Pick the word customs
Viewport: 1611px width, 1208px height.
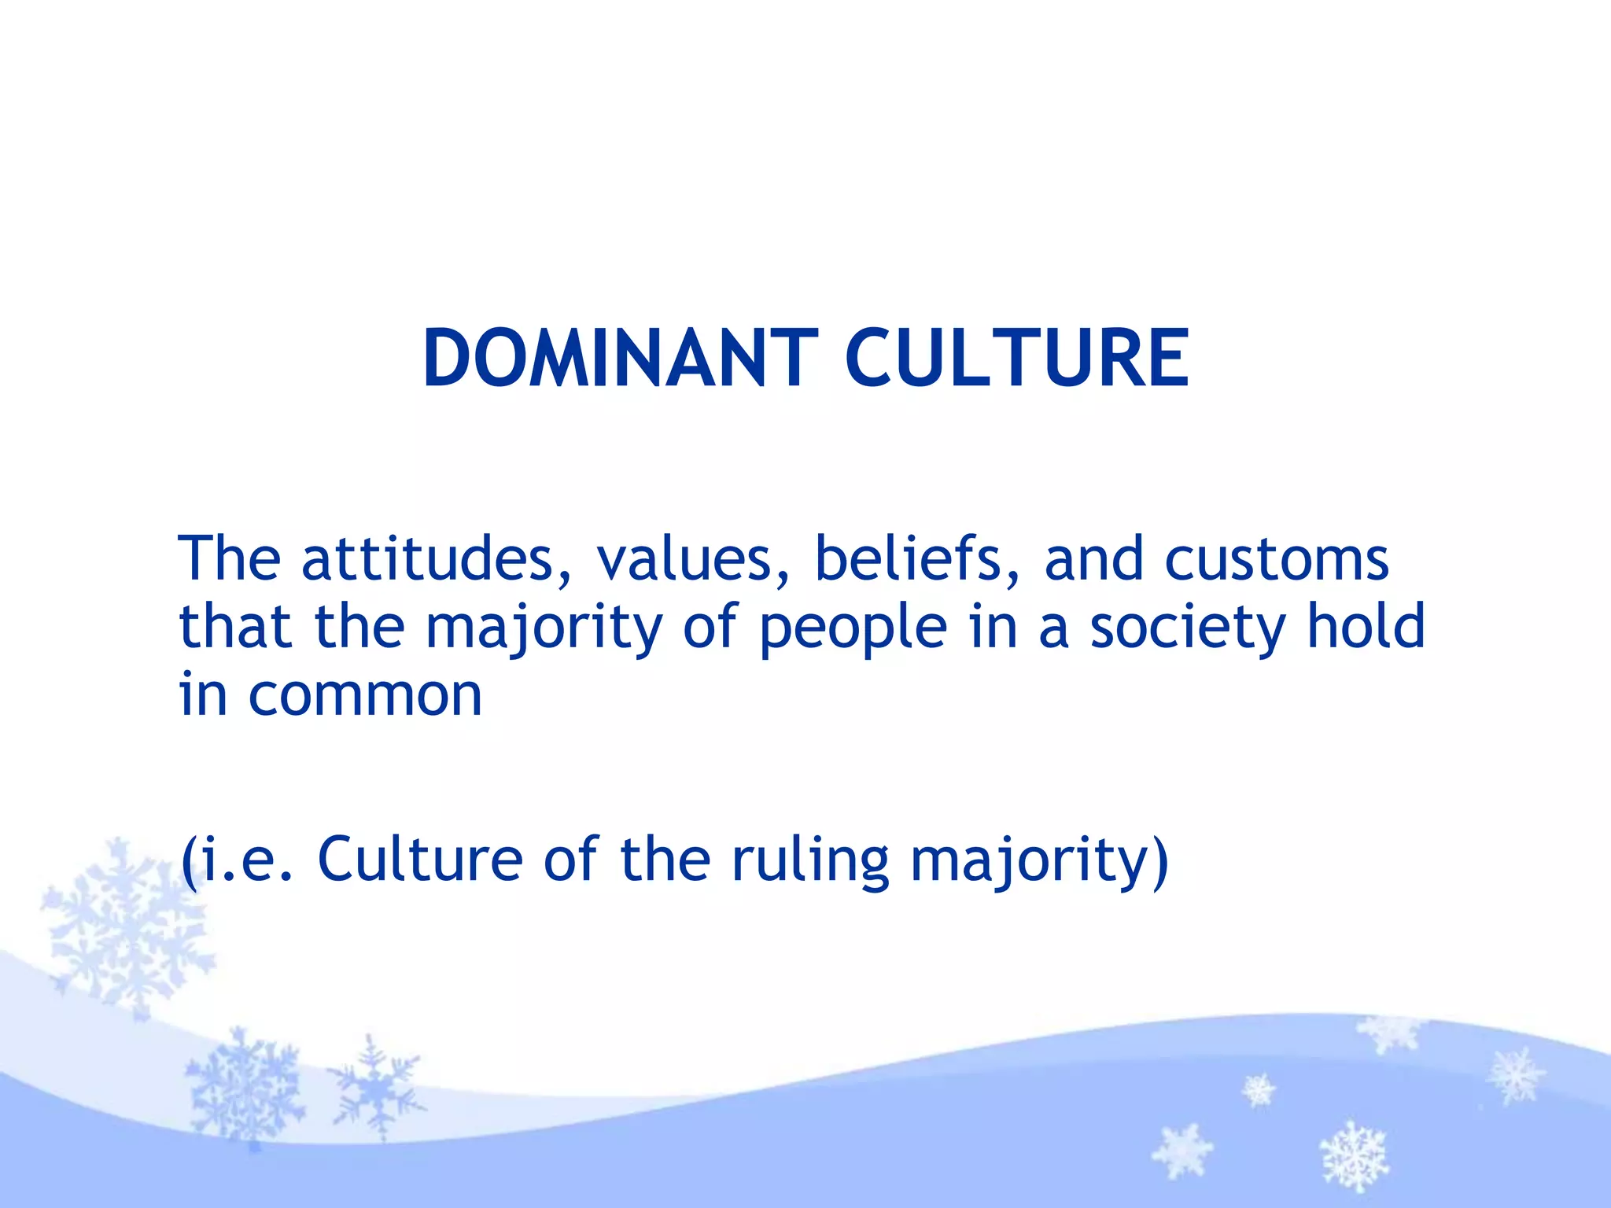click(1276, 559)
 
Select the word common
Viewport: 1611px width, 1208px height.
click(365, 697)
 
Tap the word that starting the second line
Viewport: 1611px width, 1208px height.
click(236, 627)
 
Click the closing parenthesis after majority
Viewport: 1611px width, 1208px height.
click(1160, 862)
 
